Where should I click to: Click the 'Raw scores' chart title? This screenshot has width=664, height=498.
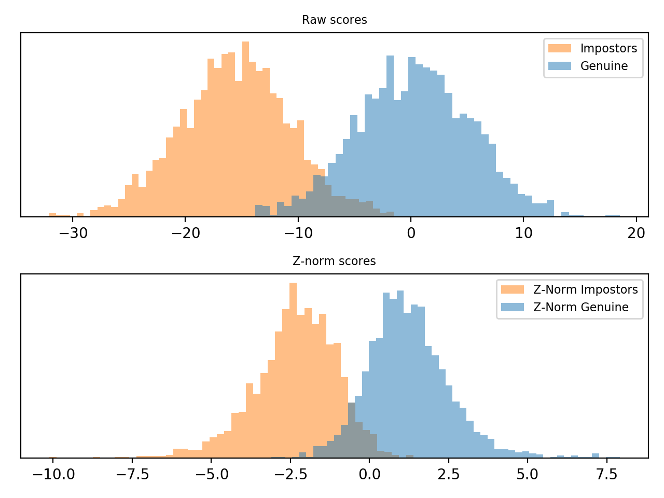pyautogui.click(x=334, y=20)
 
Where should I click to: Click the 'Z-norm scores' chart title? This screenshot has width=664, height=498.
pyautogui.click(x=334, y=261)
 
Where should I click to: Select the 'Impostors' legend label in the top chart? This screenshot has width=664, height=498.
pyautogui.click(x=608, y=49)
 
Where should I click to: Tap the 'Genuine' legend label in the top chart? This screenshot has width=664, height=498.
pyautogui.click(x=604, y=66)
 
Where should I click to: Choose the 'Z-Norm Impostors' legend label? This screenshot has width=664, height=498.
pyautogui.click(x=585, y=290)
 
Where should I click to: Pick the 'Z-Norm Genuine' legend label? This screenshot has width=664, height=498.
pyautogui.click(x=580, y=308)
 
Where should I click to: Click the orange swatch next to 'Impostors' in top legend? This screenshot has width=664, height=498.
pyautogui.click(x=560, y=49)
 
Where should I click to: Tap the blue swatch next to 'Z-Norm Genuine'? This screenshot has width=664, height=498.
pyautogui.click(x=513, y=308)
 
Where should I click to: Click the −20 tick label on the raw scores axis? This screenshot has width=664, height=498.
pyautogui.click(x=185, y=233)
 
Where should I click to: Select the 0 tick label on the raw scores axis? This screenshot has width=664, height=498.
pyautogui.click(x=411, y=233)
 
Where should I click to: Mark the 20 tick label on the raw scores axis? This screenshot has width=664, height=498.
pyautogui.click(x=637, y=233)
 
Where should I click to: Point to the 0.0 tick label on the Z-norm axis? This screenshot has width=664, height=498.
pyautogui.click(x=369, y=475)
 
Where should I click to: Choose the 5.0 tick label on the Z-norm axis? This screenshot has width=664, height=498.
pyautogui.click(x=528, y=475)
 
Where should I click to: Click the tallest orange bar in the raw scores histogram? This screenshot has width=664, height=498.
pyautogui.click(x=245, y=130)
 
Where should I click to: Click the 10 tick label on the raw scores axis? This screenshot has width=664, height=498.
pyautogui.click(x=523, y=233)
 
